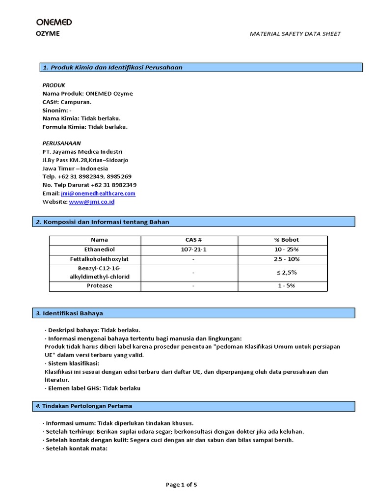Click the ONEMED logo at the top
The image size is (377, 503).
pos(54,22)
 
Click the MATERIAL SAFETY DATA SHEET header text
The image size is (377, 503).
pos(295,34)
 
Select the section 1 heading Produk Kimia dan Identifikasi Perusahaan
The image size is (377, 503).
pos(112,67)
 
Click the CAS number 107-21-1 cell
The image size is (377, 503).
pos(189,250)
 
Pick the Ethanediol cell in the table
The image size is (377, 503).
pos(95,250)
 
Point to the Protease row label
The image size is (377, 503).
pos(95,286)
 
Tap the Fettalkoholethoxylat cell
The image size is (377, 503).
pos(95,259)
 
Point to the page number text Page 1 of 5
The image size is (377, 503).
pos(182,485)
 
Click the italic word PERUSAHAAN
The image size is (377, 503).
pos(61,143)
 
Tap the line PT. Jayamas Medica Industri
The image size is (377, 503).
pos(82,152)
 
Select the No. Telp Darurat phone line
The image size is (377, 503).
pos(89,185)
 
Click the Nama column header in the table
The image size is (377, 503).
pos(95,240)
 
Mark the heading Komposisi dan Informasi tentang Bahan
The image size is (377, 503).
pos(106,222)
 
